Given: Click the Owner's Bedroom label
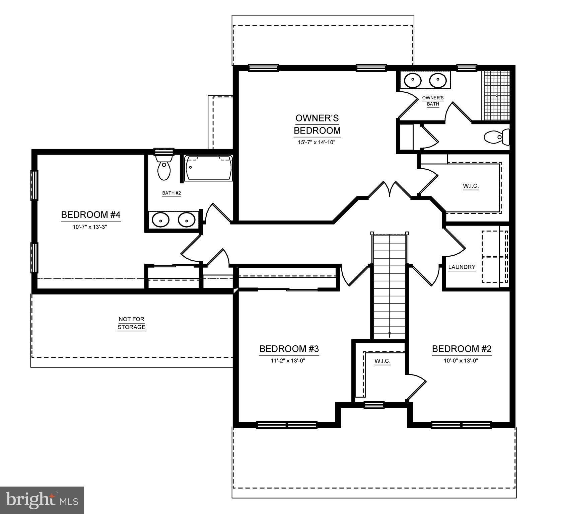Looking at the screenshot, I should (x=317, y=124).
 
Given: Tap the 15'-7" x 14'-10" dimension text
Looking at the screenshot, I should (x=317, y=142).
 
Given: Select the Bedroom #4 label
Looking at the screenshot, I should (x=90, y=215).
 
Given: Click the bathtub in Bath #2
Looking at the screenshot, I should (x=209, y=168).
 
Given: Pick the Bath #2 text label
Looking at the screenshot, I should (x=171, y=193).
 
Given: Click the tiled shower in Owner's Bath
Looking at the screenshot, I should (x=496, y=95).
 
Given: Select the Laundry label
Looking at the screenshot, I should (x=462, y=267).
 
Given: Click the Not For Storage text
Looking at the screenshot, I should (x=132, y=323).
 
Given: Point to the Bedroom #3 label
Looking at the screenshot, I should (x=289, y=349).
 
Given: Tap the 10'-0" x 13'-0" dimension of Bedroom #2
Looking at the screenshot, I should (x=462, y=361).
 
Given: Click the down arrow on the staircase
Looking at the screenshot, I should (x=390, y=334).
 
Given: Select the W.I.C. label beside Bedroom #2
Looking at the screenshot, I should (x=382, y=361).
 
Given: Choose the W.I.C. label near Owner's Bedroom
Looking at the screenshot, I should (x=471, y=186).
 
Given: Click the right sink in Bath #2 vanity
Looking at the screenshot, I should (x=187, y=220).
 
